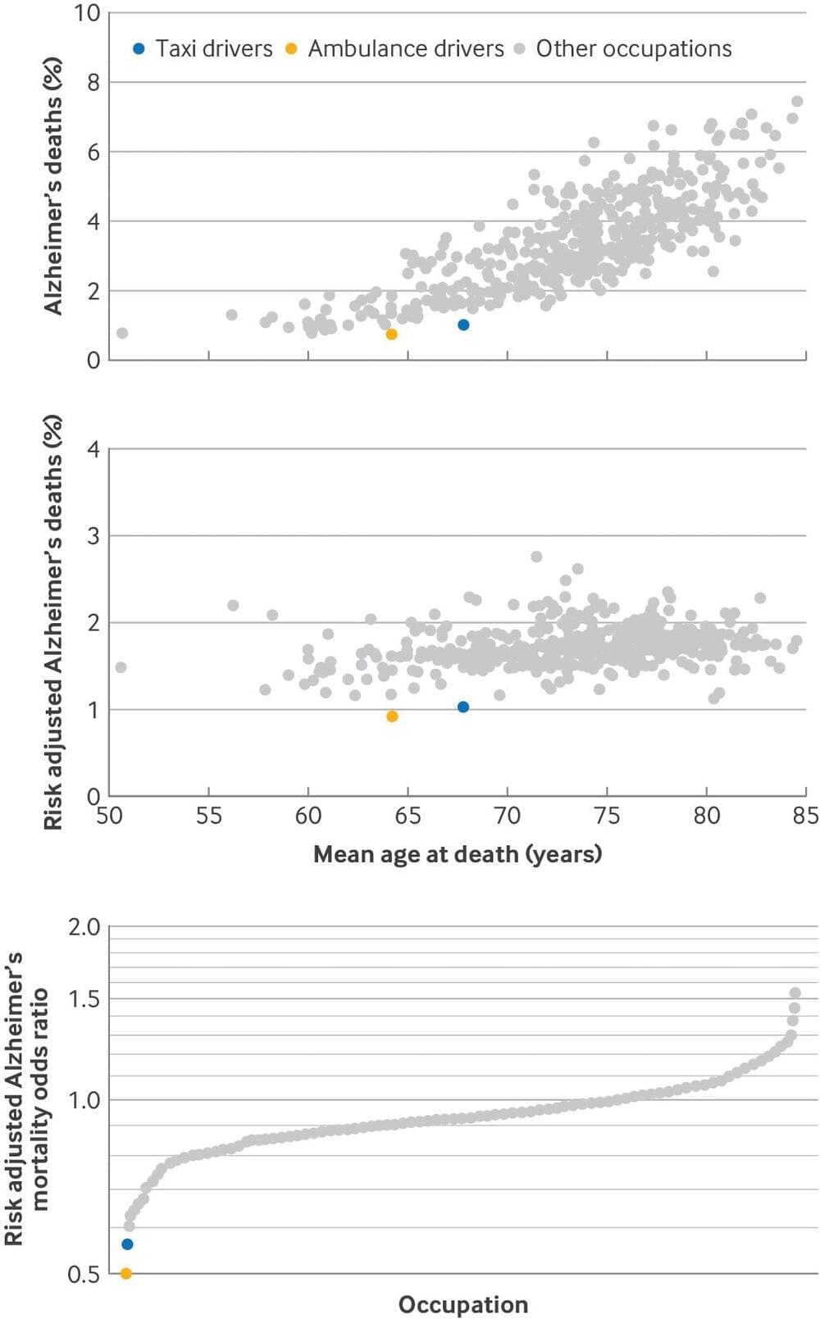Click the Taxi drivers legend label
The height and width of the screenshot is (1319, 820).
(x=213, y=49)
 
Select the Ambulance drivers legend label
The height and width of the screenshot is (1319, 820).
(x=406, y=49)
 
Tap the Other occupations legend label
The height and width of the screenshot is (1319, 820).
(x=633, y=49)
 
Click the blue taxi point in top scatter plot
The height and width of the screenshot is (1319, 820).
(x=463, y=325)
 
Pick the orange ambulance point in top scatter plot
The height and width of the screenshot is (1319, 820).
(x=391, y=334)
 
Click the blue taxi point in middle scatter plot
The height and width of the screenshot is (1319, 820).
(x=463, y=707)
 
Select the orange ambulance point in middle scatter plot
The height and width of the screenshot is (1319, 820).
(x=392, y=716)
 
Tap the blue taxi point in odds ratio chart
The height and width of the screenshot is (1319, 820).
(x=127, y=1244)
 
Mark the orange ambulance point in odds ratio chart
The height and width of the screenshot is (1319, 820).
(x=125, y=1273)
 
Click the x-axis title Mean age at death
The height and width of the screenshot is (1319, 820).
(x=458, y=854)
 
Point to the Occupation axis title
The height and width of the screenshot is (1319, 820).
(x=462, y=1304)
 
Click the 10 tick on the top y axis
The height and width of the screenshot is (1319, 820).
(x=87, y=13)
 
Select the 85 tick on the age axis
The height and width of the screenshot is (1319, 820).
(x=805, y=816)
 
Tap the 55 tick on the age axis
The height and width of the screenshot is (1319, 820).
(x=208, y=816)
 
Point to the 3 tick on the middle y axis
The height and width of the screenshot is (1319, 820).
(x=93, y=536)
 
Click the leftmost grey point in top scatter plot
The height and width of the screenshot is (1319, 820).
(x=122, y=333)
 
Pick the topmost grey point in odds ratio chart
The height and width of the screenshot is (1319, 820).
(x=795, y=994)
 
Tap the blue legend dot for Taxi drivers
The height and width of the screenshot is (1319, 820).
(x=139, y=49)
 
